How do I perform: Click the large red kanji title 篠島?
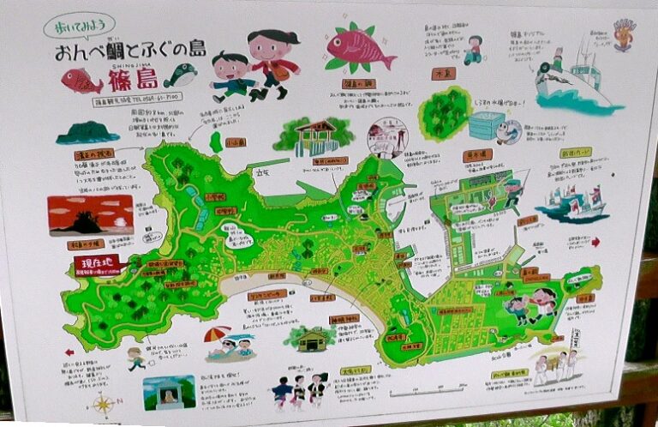point(133,81)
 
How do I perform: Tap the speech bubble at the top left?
point(79,26)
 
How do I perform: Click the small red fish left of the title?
point(81,81)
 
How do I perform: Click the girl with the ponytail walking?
point(272,59)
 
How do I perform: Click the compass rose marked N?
point(103,403)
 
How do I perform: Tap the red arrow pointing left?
point(69,351)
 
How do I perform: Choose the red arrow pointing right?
point(595,242)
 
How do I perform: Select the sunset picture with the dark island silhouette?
point(90,214)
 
